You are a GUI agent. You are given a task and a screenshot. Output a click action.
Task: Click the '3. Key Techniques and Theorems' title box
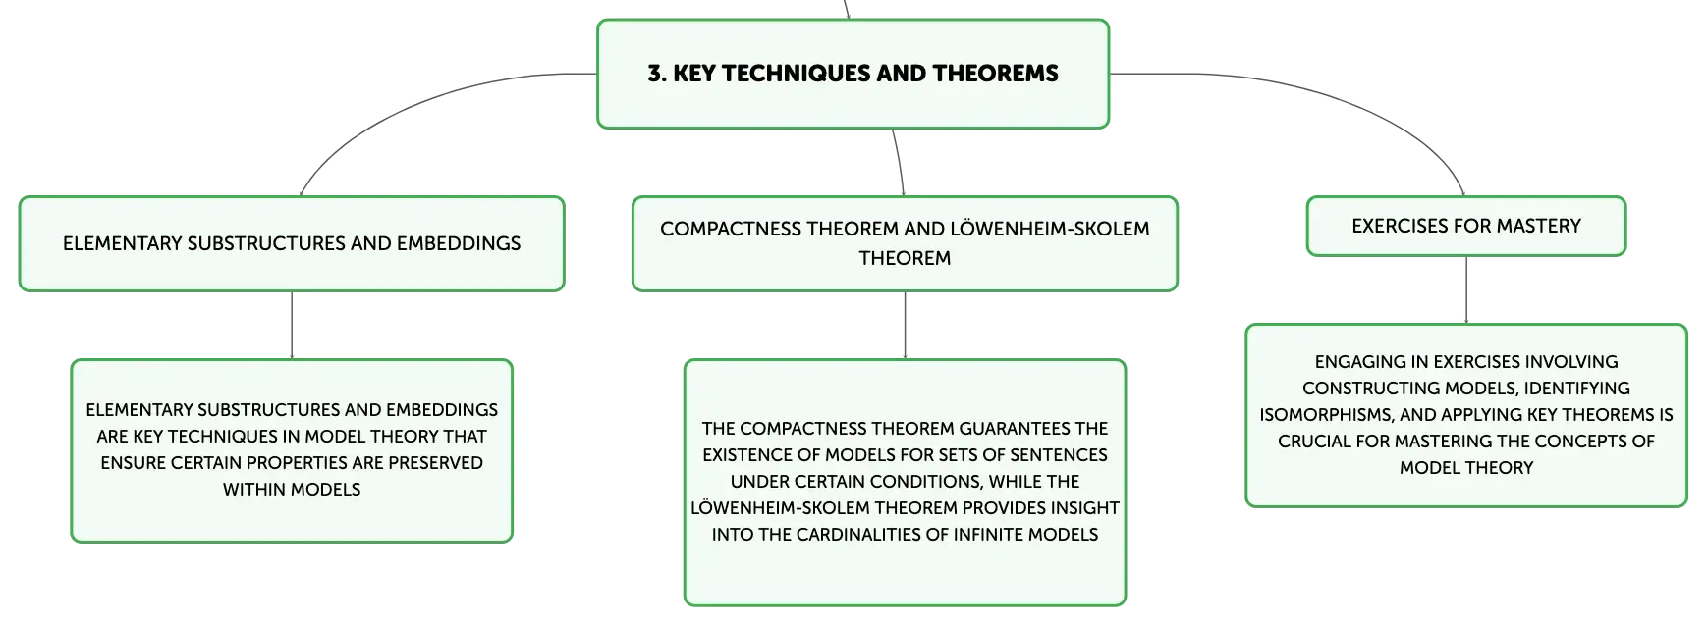(853, 74)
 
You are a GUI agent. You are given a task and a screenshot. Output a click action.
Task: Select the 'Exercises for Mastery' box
(1465, 226)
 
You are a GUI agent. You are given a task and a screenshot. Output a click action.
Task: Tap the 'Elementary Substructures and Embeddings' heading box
(292, 243)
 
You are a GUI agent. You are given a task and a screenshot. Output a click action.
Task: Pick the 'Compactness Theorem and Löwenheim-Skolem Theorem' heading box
(905, 243)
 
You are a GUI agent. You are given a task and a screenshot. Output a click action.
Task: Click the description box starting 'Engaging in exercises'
(1465, 415)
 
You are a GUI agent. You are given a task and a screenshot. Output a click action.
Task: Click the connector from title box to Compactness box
(900, 162)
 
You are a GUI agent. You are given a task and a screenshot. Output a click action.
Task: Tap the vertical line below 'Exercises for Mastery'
(1466, 289)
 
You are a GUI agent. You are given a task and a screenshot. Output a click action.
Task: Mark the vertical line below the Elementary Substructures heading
(292, 325)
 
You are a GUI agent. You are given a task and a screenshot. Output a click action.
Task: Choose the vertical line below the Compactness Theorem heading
(905, 325)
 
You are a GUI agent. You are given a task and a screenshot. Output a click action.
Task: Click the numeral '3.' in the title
(657, 74)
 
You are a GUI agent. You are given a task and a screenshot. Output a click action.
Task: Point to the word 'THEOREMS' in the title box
(995, 74)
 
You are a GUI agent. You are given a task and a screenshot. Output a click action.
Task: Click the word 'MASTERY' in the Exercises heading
(1539, 226)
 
